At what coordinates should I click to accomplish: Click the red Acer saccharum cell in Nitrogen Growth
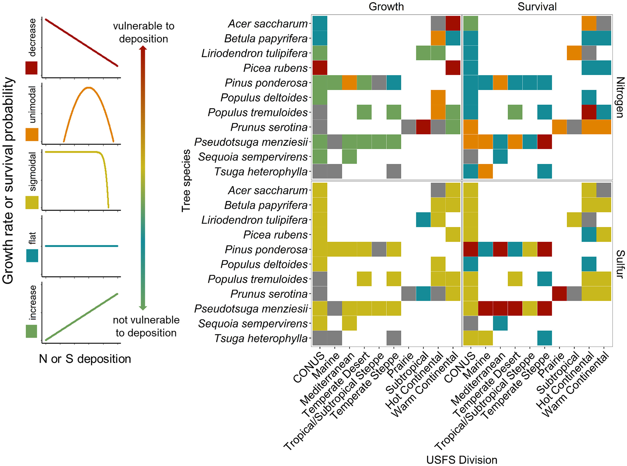tap(453, 23)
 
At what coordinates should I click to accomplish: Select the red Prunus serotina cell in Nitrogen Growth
tap(423, 127)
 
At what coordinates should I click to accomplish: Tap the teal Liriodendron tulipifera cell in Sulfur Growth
tap(423, 220)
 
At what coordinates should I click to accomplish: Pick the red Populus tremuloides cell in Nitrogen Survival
tap(589, 112)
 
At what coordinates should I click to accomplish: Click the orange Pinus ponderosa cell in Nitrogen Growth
tap(350, 83)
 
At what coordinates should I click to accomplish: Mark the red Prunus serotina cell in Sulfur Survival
tap(559, 294)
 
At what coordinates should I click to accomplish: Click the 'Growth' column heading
tap(386, 7)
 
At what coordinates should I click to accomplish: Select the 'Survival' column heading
tap(537, 7)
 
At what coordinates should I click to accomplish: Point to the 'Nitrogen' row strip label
tap(620, 97)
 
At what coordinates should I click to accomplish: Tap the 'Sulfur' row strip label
tap(620, 264)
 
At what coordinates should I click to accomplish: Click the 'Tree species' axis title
tap(186, 181)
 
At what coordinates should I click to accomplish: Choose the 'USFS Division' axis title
tap(461, 460)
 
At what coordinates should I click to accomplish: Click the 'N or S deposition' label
tap(85, 359)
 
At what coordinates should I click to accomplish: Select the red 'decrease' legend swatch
tap(31, 68)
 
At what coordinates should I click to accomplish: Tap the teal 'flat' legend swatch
tap(32, 255)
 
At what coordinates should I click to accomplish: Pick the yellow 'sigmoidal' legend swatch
tap(32, 202)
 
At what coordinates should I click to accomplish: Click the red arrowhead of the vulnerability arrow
tap(143, 50)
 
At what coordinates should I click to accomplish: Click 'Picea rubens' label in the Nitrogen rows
tap(275, 68)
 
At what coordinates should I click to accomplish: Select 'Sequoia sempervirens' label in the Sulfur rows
tap(253, 323)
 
